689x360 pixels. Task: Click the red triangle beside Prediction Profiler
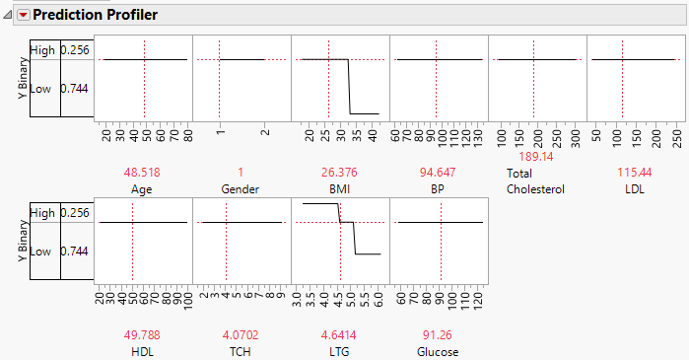(24, 15)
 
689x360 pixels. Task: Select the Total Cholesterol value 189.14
(533, 156)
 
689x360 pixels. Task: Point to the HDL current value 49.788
(144, 335)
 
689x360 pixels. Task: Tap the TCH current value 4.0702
(240, 335)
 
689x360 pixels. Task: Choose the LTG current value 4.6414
(341, 335)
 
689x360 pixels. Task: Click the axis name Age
(144, 187)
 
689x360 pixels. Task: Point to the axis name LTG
(340, 351)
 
